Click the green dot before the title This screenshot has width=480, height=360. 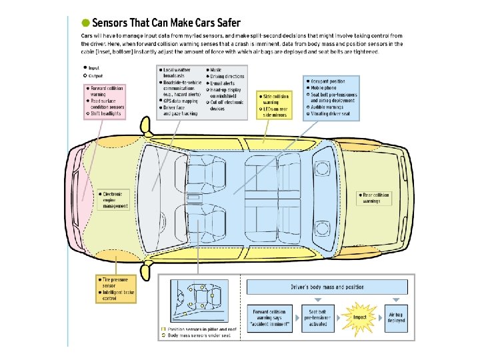click(85, 23)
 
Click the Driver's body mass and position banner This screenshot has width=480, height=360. click(327, 287)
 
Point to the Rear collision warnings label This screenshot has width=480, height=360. click(375, 197)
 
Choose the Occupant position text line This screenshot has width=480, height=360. click(331, 81)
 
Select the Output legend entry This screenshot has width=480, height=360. click(91, 75)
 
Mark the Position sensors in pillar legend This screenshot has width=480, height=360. click(199, 329)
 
